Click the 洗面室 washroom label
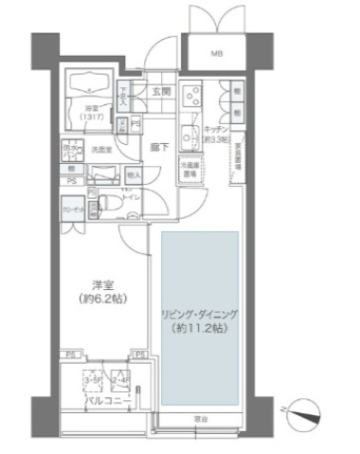(x=101, y=149)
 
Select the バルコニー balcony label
(x=101, y=402)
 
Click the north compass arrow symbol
(x=305, y=411)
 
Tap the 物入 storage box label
(x=134, y=175)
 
